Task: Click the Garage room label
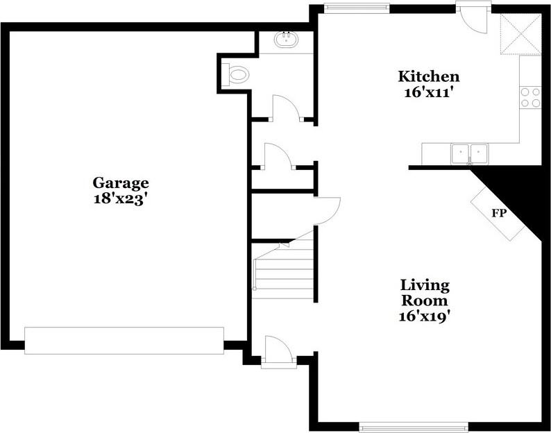(x=121, y=183)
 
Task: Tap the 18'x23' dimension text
(x=121, y=197)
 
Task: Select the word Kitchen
(x=428, y=76)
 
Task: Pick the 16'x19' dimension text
(x=425, y=318)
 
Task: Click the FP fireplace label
(x=498, y=213)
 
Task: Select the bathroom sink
(x=285, y=40)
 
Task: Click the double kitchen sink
(x=471, y=152)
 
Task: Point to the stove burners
(x=531, y=97)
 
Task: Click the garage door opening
(x=124, y=340)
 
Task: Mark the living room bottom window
(x=414, y=426)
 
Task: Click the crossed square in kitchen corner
(x=520, y=34)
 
